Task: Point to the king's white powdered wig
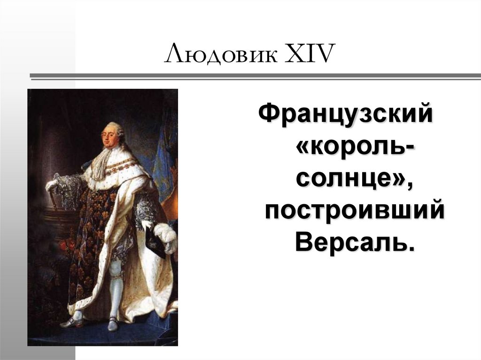click(116, 130)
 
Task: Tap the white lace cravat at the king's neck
click(101, 162)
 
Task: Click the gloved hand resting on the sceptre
click(51, 185)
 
